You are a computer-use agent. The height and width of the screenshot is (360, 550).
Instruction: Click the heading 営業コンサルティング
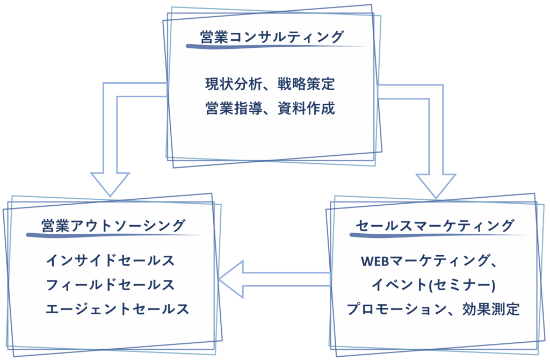tap(271, 37)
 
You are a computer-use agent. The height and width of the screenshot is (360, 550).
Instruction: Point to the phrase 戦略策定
tap(306, 84)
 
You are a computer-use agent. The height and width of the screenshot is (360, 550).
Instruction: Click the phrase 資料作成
tap(306, 109)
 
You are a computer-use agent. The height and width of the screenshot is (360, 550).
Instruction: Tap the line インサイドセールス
tap(111, 261)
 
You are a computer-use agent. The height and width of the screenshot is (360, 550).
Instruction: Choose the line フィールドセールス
tap(111, 285)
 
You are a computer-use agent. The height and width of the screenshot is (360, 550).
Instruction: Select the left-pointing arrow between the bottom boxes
tap(274, 279)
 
